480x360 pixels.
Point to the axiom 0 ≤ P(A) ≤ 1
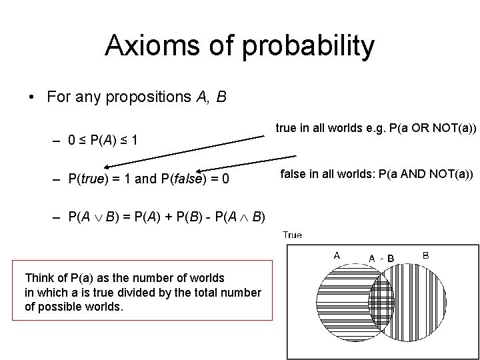tap(103, 141)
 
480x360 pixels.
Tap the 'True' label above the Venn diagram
tap(292, 235)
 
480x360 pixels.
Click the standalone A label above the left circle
tap(337, 255)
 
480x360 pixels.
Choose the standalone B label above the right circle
tap(425, 255)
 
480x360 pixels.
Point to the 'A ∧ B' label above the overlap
tap(381, 258)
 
